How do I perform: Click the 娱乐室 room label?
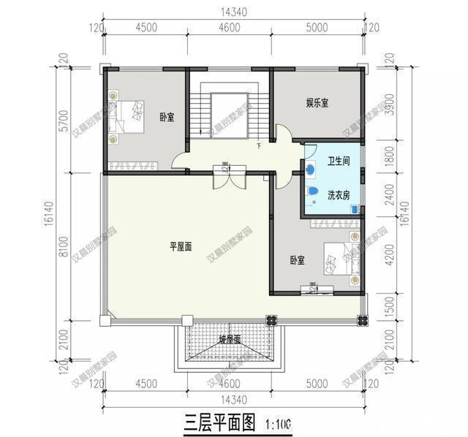317,104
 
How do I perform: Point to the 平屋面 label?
181,248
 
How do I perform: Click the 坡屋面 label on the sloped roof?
229,340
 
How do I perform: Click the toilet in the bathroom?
313,192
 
